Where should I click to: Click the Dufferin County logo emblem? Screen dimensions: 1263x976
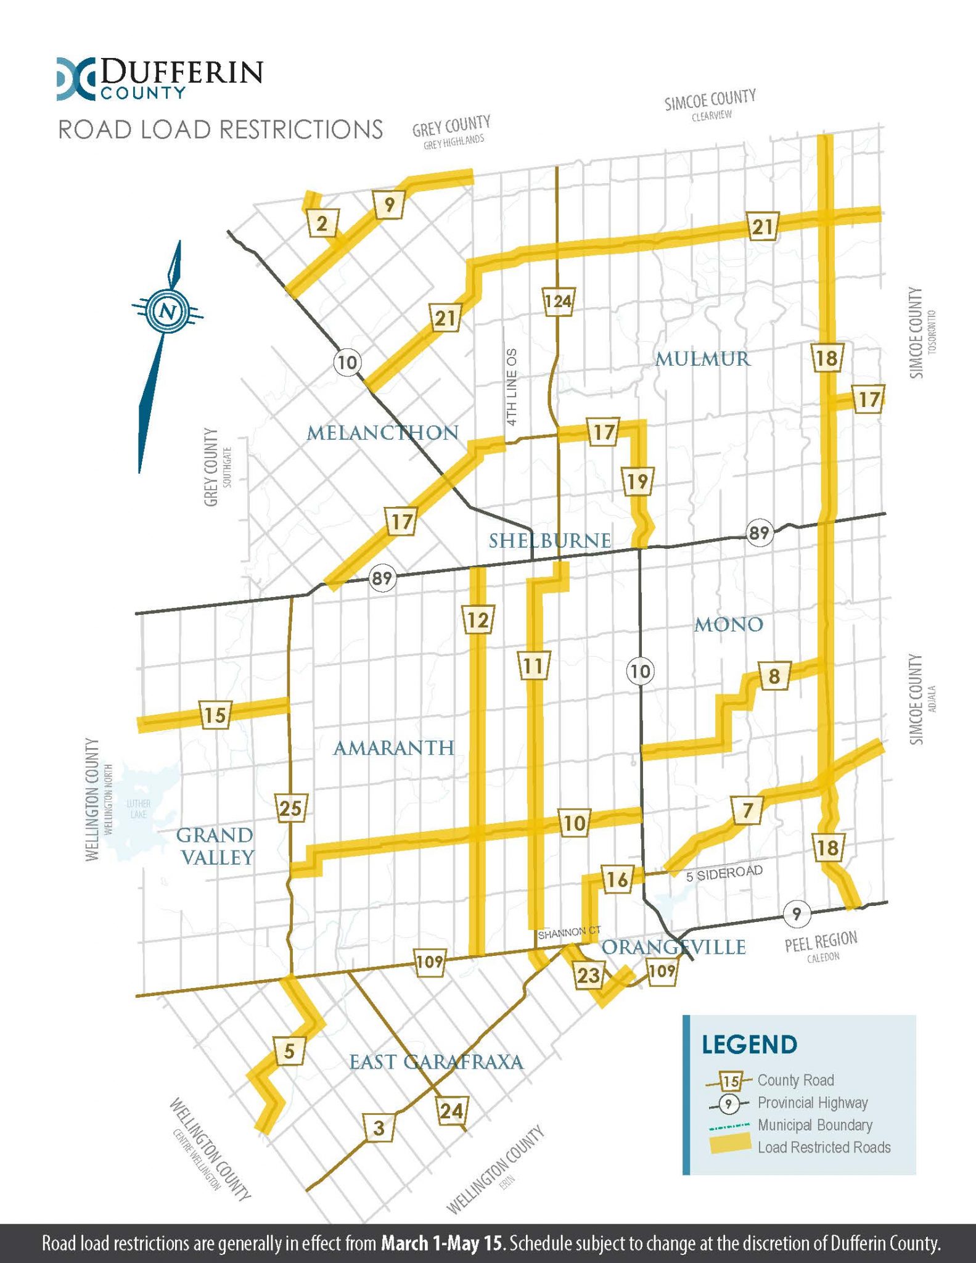point(76,79)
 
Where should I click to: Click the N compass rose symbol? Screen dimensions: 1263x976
point(168,311)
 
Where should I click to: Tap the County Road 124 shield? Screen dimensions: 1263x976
point(558,302)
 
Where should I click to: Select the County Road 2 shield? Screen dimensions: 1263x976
point(322,223)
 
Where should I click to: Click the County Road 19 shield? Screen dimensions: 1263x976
point(637,480)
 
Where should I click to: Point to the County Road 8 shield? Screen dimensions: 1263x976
point(774,677)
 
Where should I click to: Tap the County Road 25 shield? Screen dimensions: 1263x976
point(290,807)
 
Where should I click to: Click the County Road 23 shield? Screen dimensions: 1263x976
point(588,974)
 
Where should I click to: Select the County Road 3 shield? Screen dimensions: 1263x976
point(379,1128)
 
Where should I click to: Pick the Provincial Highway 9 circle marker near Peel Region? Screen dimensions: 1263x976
point(797,913)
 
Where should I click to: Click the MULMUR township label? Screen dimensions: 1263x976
point(702,359)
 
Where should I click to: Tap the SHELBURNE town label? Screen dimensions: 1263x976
point(549,541)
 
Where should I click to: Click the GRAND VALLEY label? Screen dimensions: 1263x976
point(215,846)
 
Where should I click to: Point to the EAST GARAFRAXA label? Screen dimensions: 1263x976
point(436,1062)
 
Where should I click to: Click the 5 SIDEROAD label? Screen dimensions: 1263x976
point(724,873)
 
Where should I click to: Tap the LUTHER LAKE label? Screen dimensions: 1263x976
point(138,808)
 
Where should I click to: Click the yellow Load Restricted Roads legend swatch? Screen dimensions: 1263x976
point(730,1145)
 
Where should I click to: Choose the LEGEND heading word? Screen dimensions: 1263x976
point(749,1045)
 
